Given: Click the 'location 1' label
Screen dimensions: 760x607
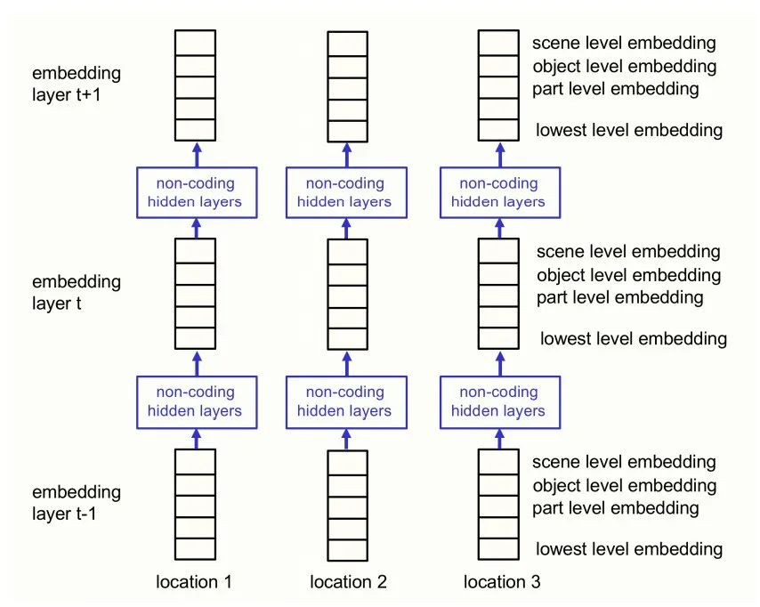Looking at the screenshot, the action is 194,581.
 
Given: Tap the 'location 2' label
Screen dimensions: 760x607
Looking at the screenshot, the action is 348,581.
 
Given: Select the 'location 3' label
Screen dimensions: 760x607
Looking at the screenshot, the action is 502,581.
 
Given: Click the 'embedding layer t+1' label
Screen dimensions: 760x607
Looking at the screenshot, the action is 77,84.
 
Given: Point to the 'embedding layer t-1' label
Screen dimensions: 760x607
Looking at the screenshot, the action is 77,502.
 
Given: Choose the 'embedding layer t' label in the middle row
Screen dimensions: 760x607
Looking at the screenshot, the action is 77,292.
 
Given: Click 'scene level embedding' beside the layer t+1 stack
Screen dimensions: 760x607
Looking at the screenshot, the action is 624,43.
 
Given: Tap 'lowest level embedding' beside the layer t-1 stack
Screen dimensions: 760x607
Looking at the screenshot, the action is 629,549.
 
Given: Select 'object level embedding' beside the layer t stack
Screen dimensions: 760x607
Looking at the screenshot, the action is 628,275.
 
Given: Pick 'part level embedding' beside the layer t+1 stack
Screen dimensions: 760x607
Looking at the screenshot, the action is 616,89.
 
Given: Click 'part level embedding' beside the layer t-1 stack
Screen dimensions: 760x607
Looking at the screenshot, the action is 616,507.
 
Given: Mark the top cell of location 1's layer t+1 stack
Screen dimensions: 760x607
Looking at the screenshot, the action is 195,43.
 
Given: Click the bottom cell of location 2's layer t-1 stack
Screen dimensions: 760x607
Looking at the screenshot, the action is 348,550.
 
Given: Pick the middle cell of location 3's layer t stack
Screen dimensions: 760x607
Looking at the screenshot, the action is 498,295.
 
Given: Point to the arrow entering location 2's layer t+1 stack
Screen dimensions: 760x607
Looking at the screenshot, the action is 347,155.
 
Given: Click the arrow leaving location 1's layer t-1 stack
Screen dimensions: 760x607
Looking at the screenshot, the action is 197,439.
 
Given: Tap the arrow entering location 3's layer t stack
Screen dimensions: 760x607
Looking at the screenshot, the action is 500,364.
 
